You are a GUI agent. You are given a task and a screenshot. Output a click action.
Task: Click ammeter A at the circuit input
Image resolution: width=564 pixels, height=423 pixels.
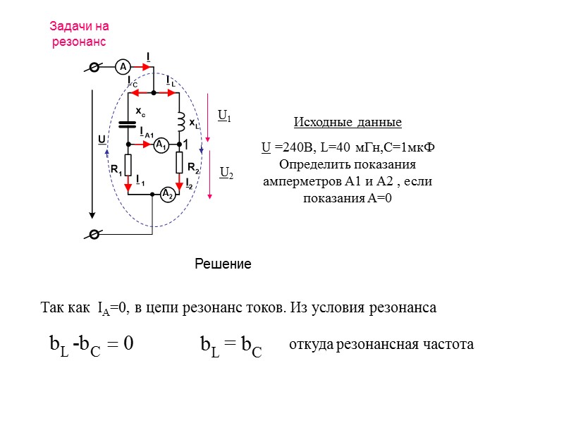(122, 66)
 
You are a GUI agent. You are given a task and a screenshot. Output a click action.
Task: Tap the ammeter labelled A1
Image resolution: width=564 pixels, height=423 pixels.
(161, 145)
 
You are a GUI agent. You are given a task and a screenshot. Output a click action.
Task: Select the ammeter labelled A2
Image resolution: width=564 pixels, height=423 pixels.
(167, 194)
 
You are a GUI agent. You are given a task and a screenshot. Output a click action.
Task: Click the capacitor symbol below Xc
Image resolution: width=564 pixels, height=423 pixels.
(127, 125)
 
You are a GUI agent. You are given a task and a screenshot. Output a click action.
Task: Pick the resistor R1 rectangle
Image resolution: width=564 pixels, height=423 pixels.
(128, 164)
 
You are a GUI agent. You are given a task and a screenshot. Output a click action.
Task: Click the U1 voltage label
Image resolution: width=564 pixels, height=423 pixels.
(225, 115)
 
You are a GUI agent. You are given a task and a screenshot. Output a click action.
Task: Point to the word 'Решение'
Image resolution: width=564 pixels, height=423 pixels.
(223, 264)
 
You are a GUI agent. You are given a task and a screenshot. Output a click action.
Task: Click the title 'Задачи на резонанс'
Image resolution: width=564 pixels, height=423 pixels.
(79, 34)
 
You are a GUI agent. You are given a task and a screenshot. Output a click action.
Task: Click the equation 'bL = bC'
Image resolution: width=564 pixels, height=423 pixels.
(231, 345)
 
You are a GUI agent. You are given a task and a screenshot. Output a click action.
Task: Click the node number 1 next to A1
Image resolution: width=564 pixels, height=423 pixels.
(186, 145)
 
